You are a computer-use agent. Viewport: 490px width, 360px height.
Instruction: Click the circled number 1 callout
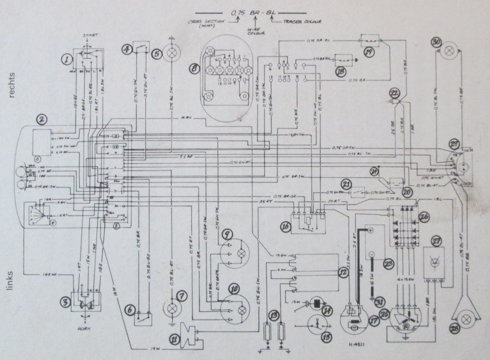click(x=68, y=58)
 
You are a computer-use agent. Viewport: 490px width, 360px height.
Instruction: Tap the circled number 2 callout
click(x=41, y=119)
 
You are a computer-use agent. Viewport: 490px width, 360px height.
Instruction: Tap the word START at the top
click(x=90, y=36)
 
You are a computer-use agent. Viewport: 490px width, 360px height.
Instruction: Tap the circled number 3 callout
click(x=66, y=303)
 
